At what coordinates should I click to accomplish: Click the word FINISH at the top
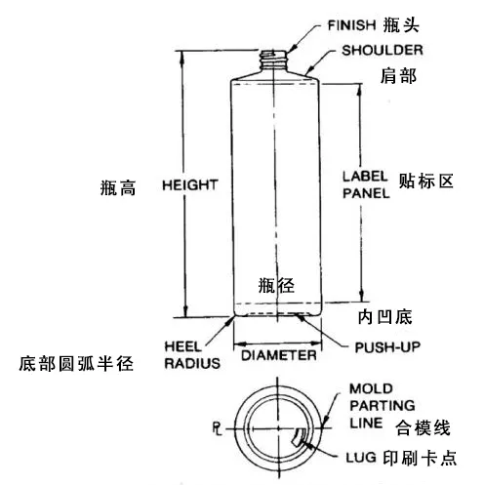coord(351,25)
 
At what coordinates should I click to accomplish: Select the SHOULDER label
coord(383,50)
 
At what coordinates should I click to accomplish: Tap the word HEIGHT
coord(190,185)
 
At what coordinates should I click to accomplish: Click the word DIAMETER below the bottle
coord(279,355)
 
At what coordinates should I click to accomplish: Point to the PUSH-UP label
coord(387,347)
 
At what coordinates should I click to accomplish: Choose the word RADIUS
coord(192,363)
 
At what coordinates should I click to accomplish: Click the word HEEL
coord(183,346)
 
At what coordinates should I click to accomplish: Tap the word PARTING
coord(383,406)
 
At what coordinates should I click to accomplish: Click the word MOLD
coord(371,388)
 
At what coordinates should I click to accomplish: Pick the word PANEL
coord(366,193)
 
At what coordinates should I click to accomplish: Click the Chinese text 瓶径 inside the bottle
coord(276,286)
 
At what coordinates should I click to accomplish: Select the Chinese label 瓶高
coord(118,187)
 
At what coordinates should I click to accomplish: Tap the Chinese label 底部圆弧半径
coord(76,363)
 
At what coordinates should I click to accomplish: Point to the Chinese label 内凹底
coord(385,317)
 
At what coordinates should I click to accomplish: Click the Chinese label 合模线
coord(423,427)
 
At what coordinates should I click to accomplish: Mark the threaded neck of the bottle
coord(274,60)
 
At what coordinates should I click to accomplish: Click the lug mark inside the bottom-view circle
coord(299,438)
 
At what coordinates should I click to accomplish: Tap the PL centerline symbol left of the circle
coord(218,428)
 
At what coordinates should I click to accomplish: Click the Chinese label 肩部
coord(399,76)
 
